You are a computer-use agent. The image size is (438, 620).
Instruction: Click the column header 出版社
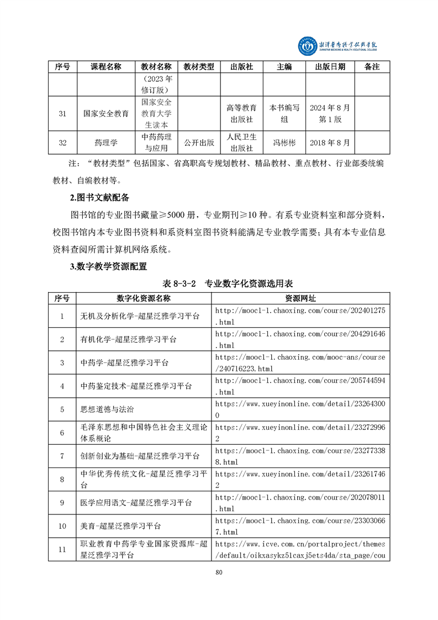(241, 66)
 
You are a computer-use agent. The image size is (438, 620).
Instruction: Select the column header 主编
(284, 66)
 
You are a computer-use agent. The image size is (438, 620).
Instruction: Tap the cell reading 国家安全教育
(106, 113)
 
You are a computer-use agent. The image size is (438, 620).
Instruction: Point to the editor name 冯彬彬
(284, 143)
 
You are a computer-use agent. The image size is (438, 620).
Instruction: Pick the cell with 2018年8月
(330, 143)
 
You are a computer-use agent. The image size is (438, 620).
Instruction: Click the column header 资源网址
(300, 298)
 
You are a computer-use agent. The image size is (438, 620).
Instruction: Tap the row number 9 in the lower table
(62, 502)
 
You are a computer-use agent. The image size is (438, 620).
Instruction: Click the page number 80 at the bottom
(219, 572)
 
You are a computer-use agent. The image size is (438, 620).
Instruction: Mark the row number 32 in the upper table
(62, 143)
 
